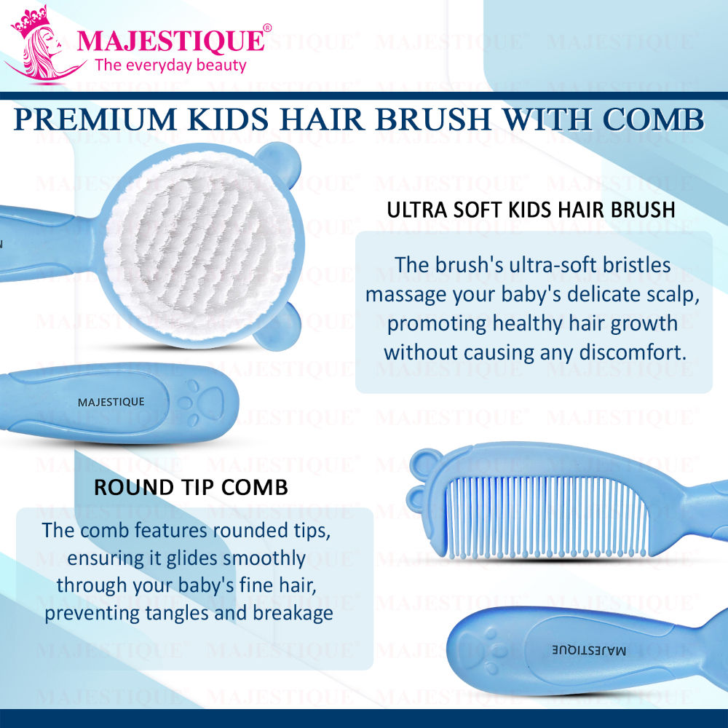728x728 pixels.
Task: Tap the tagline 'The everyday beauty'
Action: click(170, 66)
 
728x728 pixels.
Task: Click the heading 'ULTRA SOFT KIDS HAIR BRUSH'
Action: click(531, 210)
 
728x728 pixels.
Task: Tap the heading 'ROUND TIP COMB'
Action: click(191, 487)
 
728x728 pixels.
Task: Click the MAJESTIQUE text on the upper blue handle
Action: click(111, 402)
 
